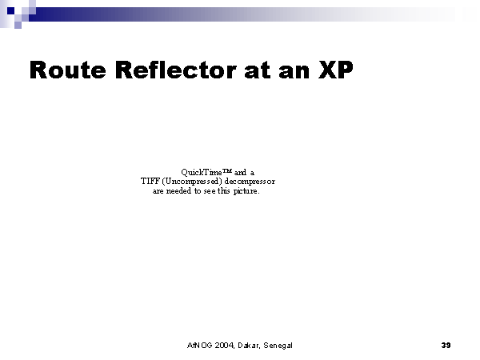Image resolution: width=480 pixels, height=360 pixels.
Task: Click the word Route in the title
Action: coord(68,70)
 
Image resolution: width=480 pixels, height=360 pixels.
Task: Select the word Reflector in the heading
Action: coord(176,70)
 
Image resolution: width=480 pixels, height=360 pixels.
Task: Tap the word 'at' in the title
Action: coord(258,70)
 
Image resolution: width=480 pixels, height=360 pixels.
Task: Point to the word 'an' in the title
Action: coord(294,72)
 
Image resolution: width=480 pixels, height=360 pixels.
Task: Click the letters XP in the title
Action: coord(336,70)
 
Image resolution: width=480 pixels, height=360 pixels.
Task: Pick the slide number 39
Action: coord(446,345)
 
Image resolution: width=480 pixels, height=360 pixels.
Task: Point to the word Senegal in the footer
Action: coord(278,346)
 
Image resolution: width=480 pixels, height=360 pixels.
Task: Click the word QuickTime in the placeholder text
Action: coord(202,172)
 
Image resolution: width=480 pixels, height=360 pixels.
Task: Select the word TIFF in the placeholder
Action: coord(150,182)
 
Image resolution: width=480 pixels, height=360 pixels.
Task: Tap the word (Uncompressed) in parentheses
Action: coord(192,182)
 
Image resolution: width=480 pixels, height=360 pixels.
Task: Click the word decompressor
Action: coord(250,182)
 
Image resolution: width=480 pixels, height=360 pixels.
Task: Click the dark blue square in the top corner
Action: coord(10,10)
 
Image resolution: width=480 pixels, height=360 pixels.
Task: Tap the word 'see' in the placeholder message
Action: coord(210,191)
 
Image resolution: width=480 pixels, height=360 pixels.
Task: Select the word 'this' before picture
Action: coord(223,190)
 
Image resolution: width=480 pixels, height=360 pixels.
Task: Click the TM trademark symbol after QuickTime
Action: coord(227,170)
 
